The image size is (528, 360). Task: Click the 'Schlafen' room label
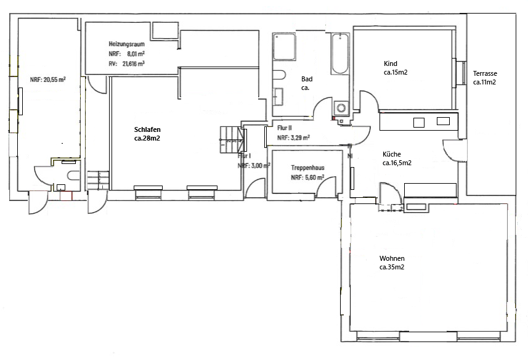click(x=148, y=129)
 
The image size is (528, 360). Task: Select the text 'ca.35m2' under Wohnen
click(x=392, y=268)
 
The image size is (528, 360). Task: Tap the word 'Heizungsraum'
click(x=127, y=44)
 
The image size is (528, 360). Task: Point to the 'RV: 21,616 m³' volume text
click(x=126, y=63)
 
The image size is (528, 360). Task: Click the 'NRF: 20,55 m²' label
click(x=48, y=80)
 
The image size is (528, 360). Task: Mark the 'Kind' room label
click(x=390, y=64)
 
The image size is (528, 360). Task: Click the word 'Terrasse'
click(x=485, y=73)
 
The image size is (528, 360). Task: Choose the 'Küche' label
click(x=392, y=155)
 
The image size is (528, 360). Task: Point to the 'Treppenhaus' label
click(x=307, y=167)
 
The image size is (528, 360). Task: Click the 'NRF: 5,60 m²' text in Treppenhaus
click(x=307, y=177)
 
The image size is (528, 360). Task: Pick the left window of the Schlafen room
click(x=148, y=192)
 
